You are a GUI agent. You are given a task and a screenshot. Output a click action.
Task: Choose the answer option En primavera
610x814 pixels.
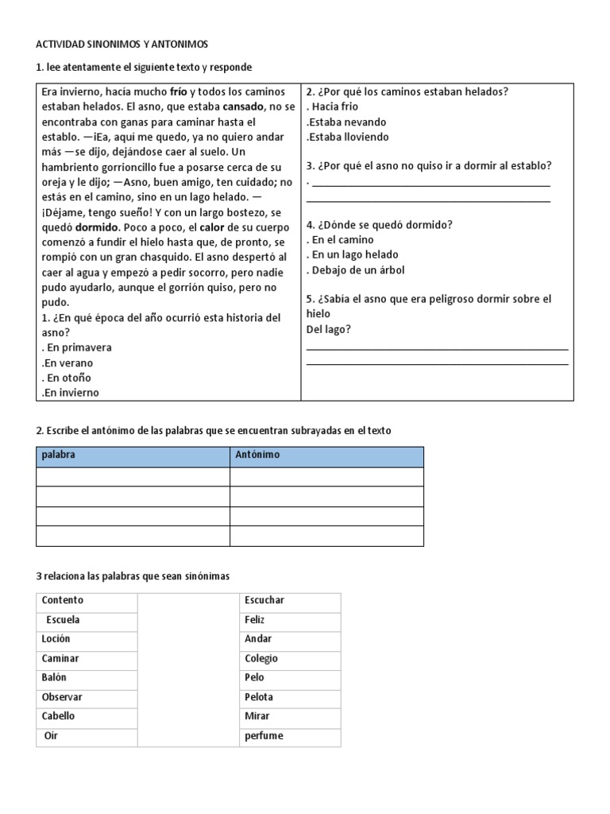(78, 347)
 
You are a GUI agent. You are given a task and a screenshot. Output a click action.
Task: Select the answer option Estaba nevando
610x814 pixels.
(347, 122)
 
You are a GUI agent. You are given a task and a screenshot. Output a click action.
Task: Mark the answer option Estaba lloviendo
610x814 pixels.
(349, 137)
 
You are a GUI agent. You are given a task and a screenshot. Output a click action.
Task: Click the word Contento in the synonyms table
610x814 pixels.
(63, 600)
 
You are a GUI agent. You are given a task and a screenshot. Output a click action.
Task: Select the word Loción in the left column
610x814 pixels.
(56, 638)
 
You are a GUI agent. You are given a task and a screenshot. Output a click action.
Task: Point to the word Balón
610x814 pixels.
(55, 677)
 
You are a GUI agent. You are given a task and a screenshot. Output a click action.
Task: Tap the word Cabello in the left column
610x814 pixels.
(59, 715)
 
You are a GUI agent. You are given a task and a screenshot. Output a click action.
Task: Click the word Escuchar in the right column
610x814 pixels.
(264, 600)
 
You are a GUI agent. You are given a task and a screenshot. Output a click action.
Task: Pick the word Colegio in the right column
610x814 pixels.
(261, 658)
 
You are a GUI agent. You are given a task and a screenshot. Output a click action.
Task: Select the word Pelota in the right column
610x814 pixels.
(260, 696)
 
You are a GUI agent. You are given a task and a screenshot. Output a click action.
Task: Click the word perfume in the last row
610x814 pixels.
(264, 735)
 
